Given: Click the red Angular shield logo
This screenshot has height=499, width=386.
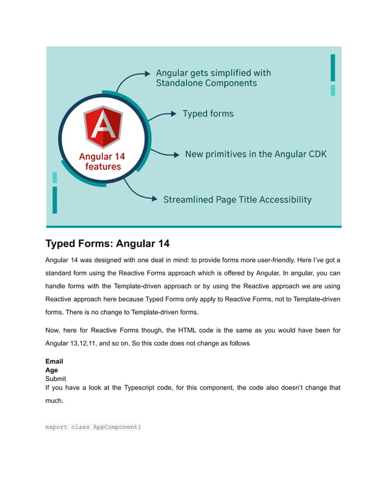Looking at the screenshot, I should click(103, 127).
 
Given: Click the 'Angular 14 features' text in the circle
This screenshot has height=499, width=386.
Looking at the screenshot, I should click(103, 161).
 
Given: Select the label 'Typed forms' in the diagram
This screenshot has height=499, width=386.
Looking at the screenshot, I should click(208, 114).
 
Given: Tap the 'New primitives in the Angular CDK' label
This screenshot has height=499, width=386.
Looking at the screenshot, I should click(255, 154).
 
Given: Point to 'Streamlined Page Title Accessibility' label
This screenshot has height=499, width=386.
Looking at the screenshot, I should click(237, 199).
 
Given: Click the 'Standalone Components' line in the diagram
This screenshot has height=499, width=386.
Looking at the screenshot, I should click(206, 83).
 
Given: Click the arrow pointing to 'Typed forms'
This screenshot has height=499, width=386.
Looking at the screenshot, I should click(162, 114).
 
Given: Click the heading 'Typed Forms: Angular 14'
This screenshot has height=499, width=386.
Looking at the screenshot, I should click(107, 244).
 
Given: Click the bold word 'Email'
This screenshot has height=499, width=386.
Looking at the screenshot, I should click(54, 361).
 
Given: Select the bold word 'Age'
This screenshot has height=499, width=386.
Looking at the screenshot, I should click(51, 370).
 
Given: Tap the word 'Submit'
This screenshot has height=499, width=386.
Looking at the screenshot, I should click(56, 379).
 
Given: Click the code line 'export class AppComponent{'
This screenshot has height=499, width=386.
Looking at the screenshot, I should click(93, 427).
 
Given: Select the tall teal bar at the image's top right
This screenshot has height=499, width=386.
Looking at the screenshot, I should click(333, 67).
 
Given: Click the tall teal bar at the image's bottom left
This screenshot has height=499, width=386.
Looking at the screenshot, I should click(54, 199).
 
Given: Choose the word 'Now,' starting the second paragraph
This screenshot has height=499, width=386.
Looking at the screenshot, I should click(54, 330).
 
